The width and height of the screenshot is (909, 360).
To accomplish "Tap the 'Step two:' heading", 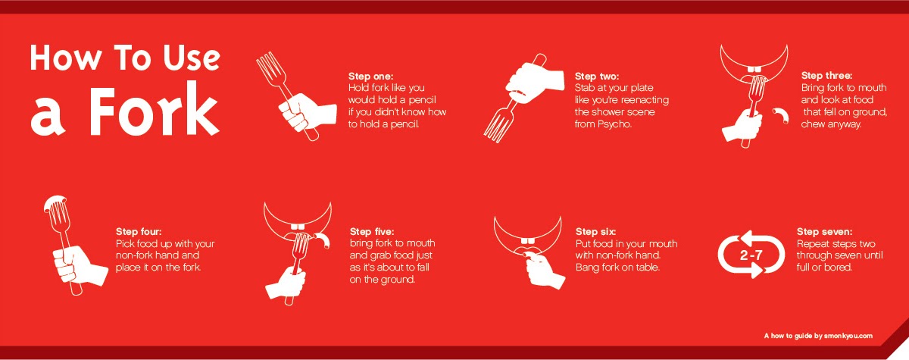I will click(597, 77).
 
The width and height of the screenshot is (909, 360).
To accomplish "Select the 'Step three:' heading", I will click(826, 76).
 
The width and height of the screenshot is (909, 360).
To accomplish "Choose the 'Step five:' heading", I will click(372, 231).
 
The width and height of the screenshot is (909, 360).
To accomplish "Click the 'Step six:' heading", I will click(595, 231).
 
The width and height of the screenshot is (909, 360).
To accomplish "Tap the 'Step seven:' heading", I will click(825, 231).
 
